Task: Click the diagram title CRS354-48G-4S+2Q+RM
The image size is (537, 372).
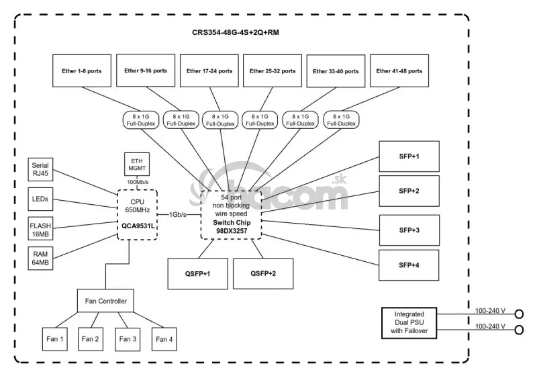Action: pos(236,32)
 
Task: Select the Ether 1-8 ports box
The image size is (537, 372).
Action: pos(81,71)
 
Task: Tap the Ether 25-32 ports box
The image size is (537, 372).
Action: pos(271,71)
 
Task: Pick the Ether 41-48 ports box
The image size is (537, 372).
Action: pos(399,71)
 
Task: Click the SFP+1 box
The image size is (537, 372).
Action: pos(409,156)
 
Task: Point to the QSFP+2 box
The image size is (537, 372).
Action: pos(263,273)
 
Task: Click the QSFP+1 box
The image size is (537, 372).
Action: pos(197,273)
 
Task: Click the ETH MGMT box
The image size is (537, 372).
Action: pos(137,163)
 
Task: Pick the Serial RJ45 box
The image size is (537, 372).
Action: pos(40,169)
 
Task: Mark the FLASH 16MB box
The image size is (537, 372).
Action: pos(40,228)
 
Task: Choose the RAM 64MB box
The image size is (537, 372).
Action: pos(40,259)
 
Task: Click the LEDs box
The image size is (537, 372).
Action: pos(40,199)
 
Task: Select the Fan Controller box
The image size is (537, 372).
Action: pos(106,301)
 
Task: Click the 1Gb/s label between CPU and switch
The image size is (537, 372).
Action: pos(178,214)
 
